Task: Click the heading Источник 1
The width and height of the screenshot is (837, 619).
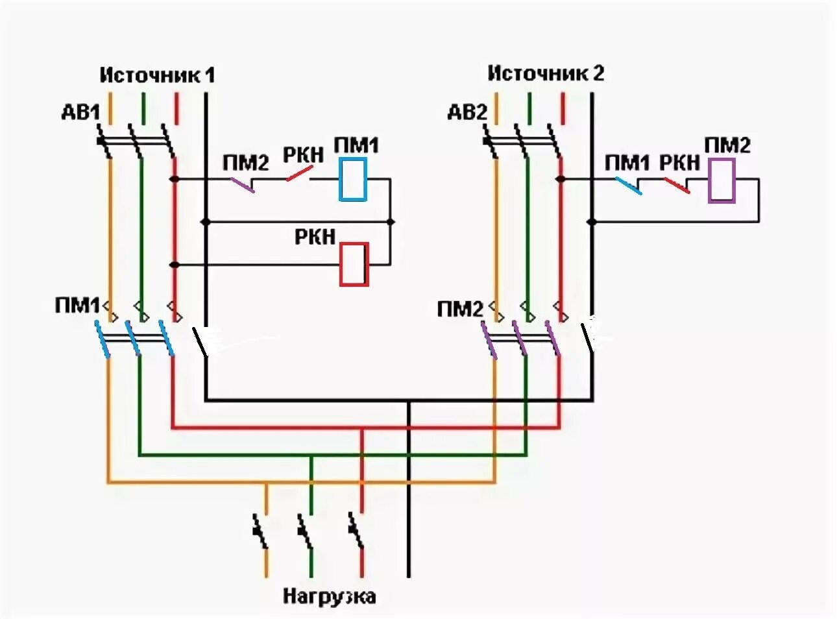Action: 157,75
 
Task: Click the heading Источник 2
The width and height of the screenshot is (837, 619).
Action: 546,73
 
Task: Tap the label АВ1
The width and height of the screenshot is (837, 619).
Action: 80,113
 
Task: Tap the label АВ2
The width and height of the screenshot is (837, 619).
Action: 467,112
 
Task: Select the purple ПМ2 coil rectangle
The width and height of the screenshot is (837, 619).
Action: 722,180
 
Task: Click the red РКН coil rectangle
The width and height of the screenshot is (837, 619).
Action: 354,264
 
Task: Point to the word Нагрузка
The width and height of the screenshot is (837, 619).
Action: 329,596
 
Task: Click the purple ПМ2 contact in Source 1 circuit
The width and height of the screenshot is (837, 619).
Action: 243,185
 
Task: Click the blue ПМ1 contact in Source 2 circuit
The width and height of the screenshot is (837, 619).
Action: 627,186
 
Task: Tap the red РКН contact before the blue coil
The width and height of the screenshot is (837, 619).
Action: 299,174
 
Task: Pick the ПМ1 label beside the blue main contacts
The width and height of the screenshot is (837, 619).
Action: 77,305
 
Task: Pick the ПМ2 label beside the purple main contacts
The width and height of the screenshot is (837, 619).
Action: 460,309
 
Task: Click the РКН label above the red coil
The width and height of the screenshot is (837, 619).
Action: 315,236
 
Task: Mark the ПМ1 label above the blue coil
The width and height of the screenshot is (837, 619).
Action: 356,145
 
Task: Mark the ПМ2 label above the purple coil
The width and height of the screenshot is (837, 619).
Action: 727,145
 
